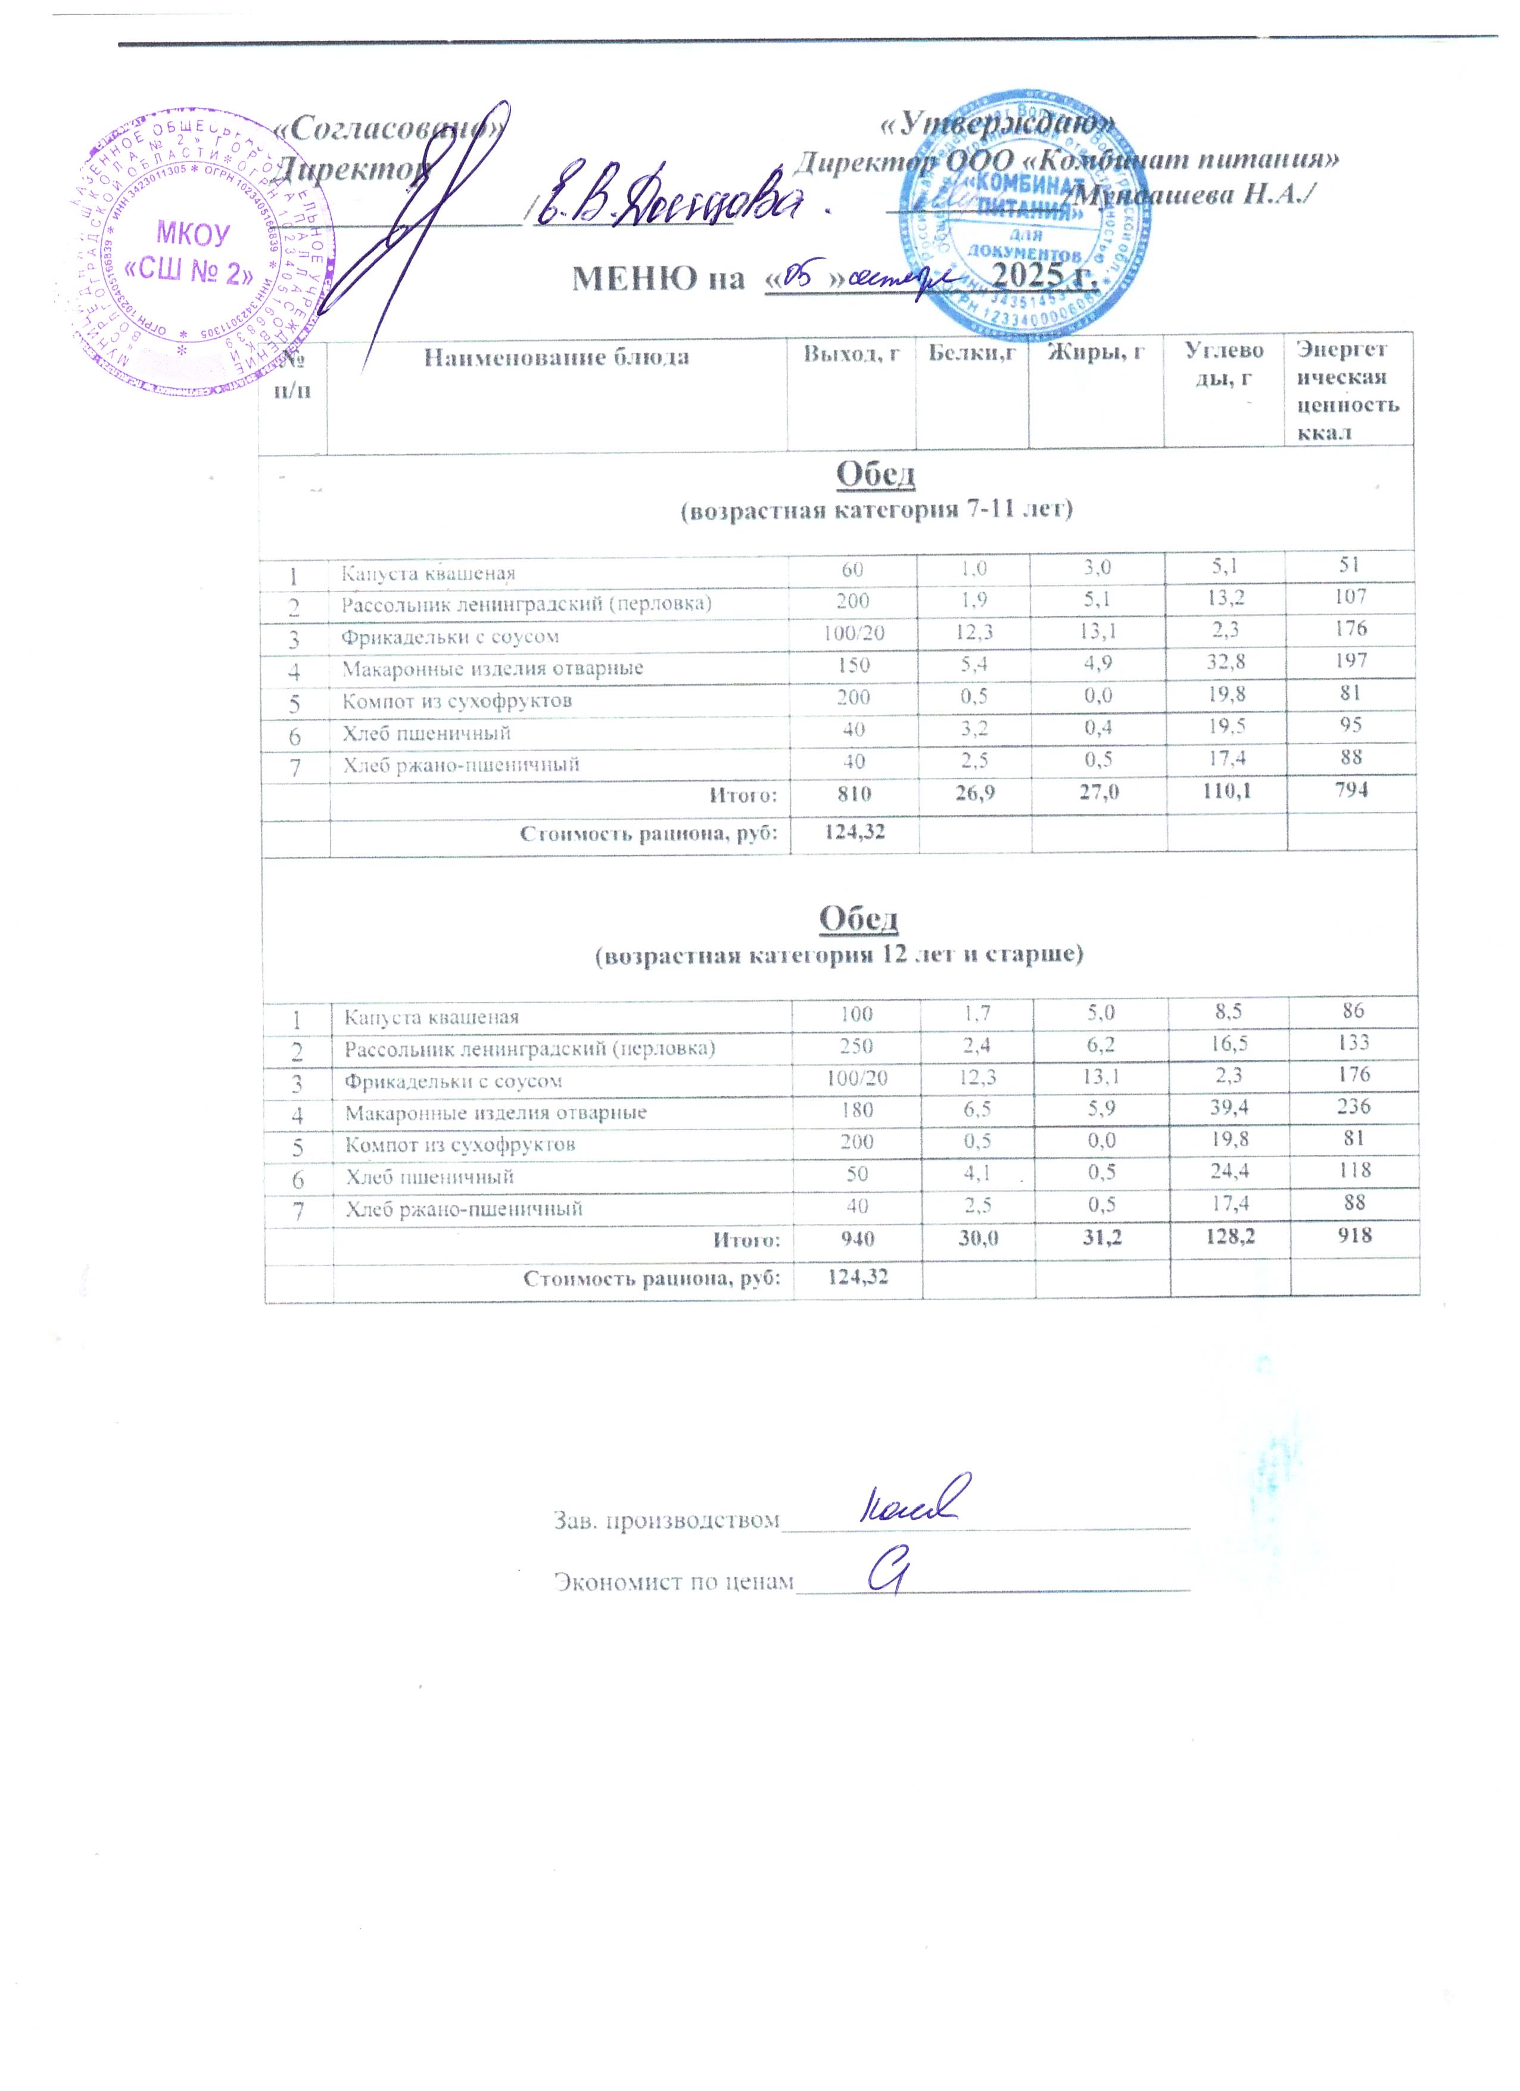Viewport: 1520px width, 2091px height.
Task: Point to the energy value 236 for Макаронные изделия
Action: (x=1354, y=1106)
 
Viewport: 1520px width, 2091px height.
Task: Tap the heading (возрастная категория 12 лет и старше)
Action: (x=838, y=954)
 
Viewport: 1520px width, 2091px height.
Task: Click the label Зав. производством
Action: (x=665, y=1520)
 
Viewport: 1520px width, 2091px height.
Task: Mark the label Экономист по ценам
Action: (x=673, y=1582)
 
